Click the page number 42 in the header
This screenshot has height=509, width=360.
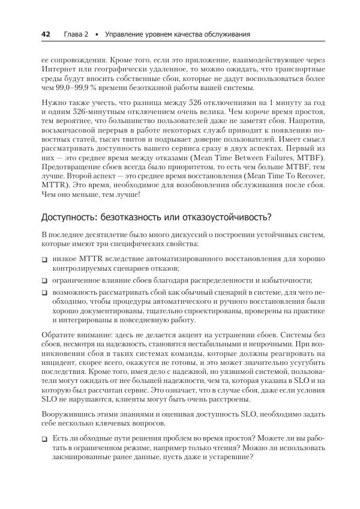click(x=45, y=34)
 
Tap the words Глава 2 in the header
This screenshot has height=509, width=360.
click(x=76, y=34)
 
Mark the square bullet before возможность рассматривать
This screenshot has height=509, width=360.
click(x=45, y=292)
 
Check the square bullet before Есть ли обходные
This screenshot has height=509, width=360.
click(x=45, y=439)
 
